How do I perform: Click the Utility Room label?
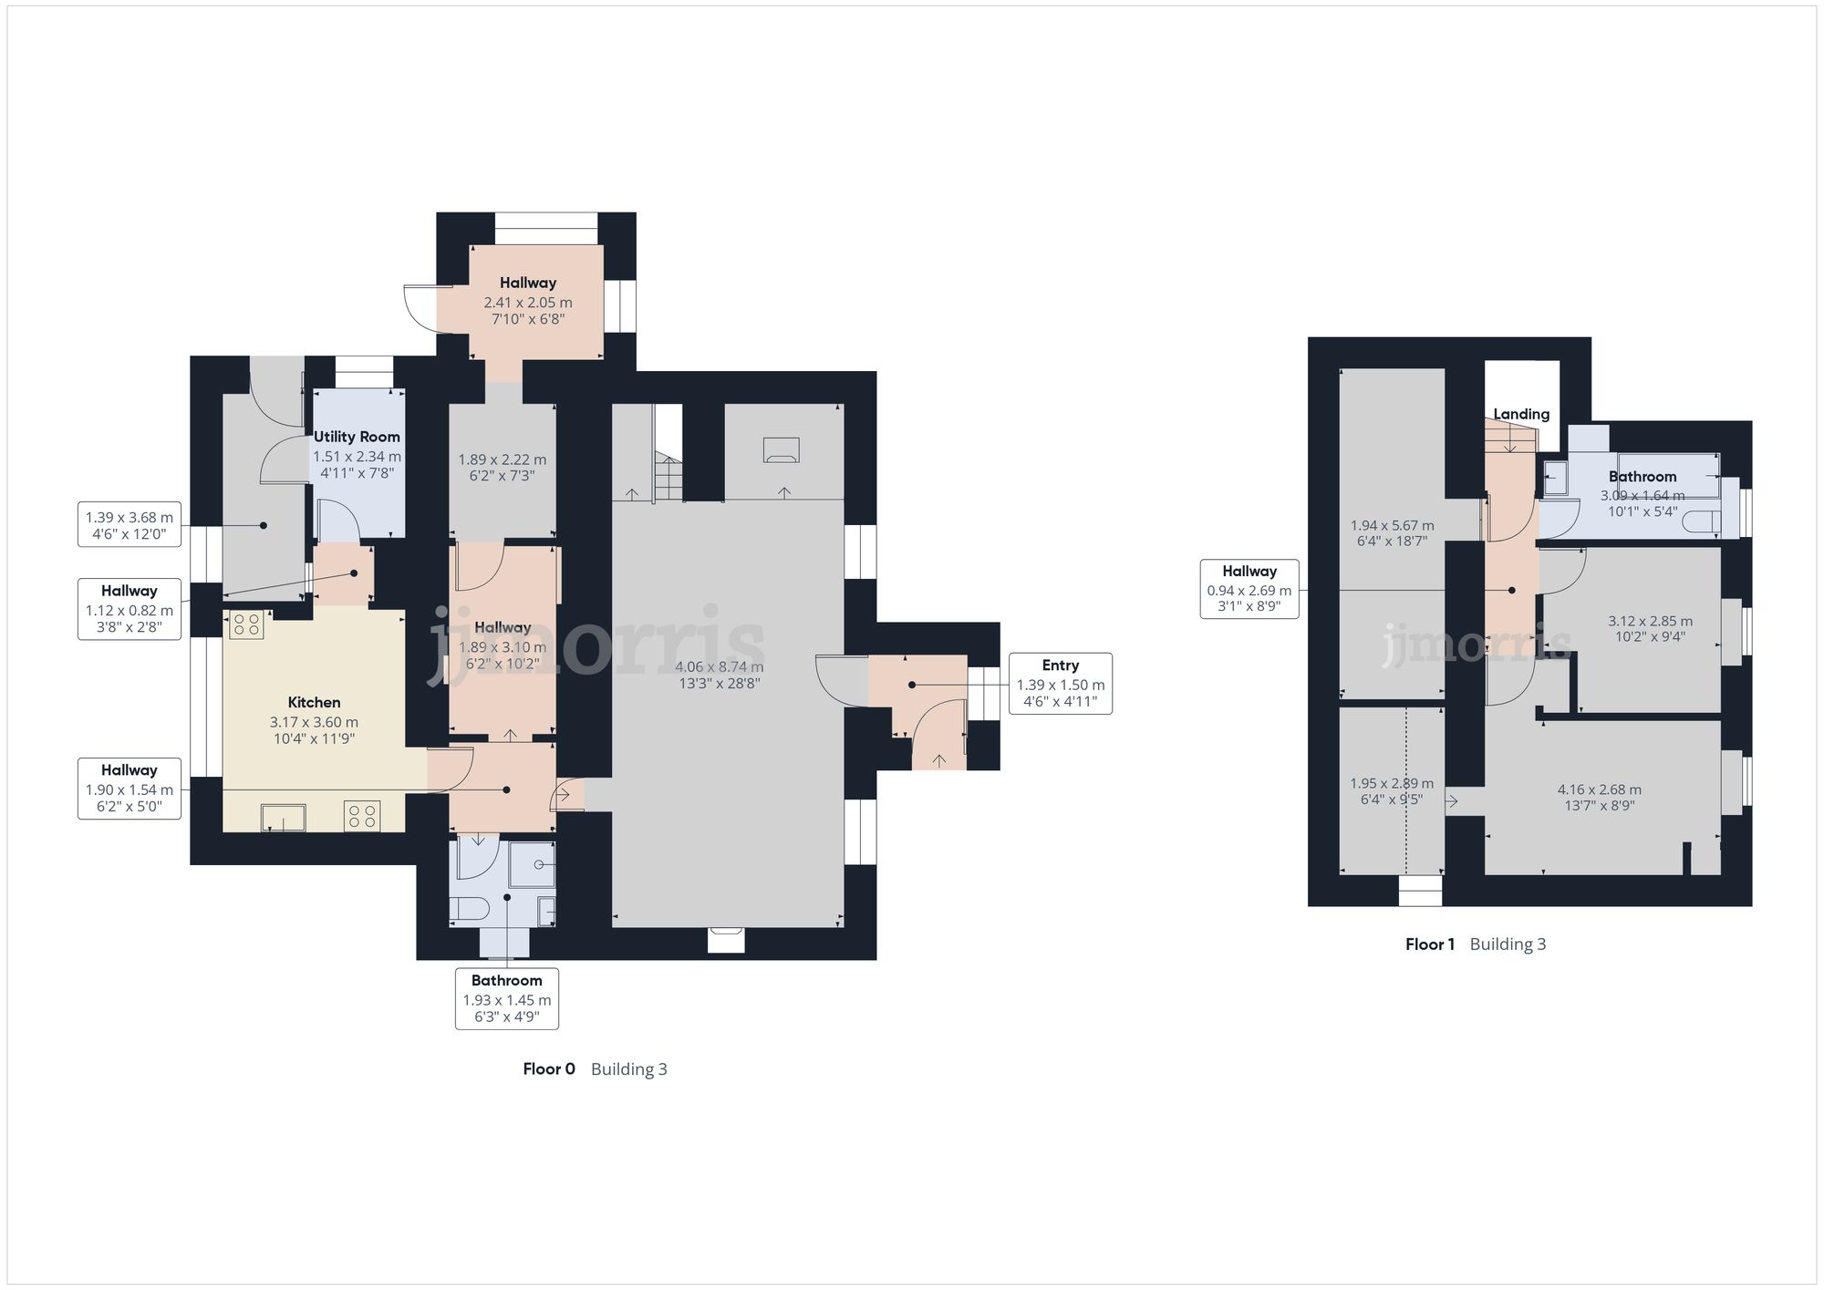point(357,437)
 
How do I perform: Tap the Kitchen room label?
point(314,702)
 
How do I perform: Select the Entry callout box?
point(1060,684)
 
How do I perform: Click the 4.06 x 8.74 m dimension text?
point(720,667)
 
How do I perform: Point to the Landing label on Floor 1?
point(1521,414)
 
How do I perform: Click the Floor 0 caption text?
point(549,1069)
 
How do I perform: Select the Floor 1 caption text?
point(1430,944)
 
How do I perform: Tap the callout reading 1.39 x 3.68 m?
point(129,524)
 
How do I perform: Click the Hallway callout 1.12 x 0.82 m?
point(129,609)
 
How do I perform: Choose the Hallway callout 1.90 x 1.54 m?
point(129,789)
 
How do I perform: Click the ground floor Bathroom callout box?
point(506,999)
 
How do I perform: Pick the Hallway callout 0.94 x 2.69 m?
point(1249,589)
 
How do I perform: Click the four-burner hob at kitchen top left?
point(245,624)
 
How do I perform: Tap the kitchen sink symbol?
point(284,818)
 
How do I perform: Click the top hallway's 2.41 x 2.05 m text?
point(527,303)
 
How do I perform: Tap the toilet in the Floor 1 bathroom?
point(1703,521)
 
